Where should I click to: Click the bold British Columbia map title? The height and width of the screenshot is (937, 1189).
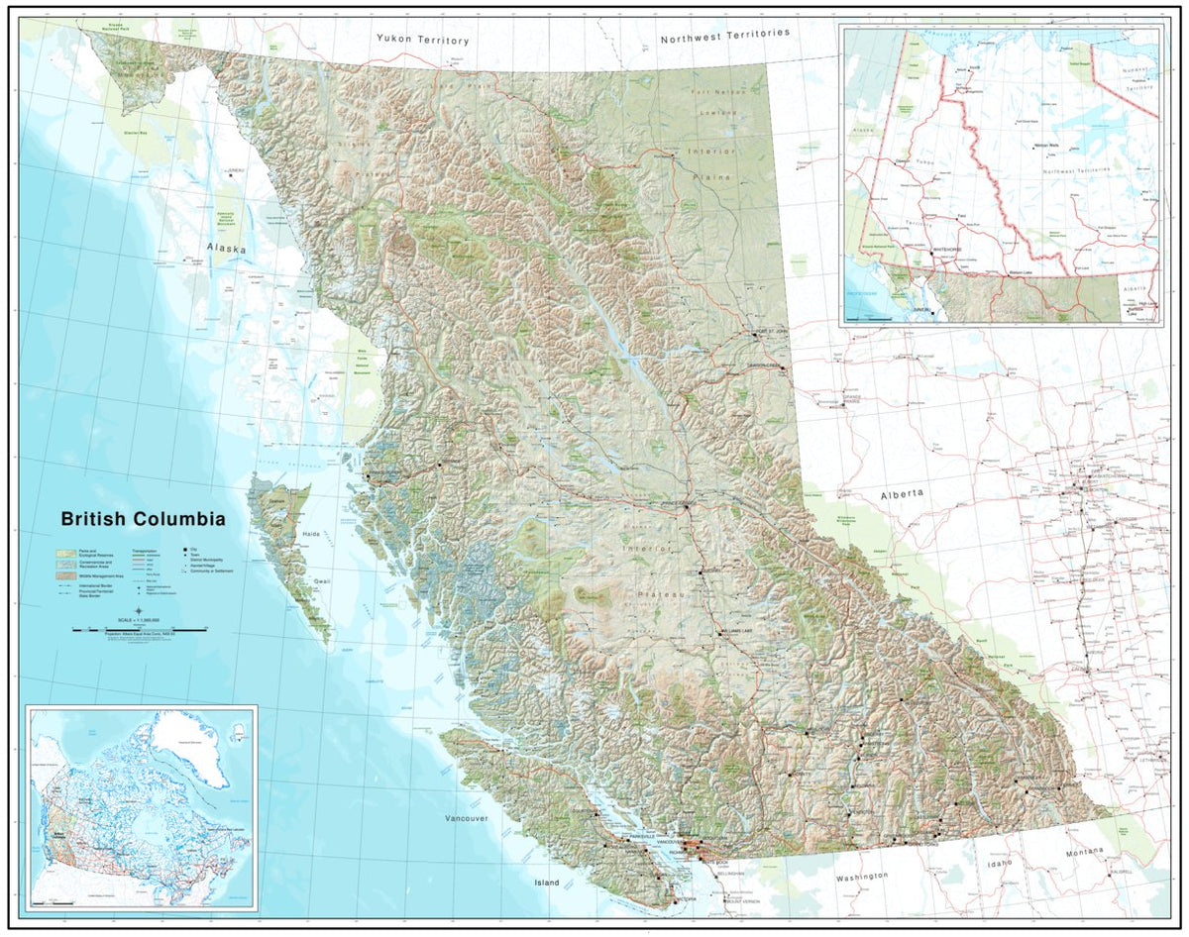point(143,519)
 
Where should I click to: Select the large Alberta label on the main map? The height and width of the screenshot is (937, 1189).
point(902,493)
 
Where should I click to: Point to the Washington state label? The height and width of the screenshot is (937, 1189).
point(861,877)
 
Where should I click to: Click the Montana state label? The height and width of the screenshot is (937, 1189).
point(1084,852)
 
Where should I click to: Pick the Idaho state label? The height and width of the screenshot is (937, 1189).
point(998,864)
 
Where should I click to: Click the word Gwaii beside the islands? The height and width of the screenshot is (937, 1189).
point(322,581)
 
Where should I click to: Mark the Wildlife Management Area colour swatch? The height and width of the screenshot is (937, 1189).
point(66,574)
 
